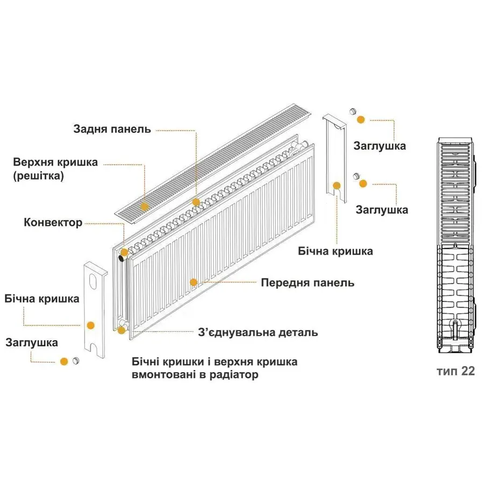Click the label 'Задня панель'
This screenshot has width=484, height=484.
tap(112, 130)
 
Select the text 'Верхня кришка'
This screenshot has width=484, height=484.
tap(55, 162)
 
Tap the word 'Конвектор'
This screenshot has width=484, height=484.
tap(53, 222)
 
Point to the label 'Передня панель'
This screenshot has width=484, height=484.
tap(307, 282)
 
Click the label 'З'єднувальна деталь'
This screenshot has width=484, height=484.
tap(258, 332)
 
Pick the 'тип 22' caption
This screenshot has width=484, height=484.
tap(455, 372)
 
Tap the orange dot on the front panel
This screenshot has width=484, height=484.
tap(194, 281)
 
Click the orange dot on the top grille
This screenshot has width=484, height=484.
tap(144, 205)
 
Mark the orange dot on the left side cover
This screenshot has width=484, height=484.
tap(90, 325)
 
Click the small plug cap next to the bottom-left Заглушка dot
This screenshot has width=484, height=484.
tap(76, 360)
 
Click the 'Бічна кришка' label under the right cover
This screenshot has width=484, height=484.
tap(335, 251)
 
